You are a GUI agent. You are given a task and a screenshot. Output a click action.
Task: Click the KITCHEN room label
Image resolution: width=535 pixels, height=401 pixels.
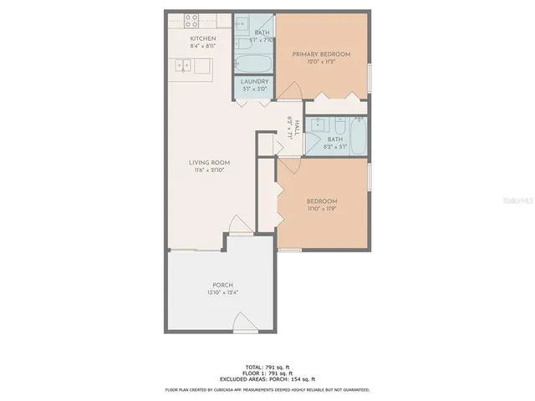pyautogui.click(x=203, y=39)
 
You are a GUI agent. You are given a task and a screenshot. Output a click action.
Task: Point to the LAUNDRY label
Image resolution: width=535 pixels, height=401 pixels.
pyautogui.click(x=254, y=82)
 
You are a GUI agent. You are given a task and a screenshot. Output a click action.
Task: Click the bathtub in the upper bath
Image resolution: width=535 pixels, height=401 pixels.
pyautogui.click(x=253, y=62)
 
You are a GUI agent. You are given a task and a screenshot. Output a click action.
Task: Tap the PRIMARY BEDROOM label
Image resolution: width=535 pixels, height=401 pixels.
pyautogui.click(x=321, y=54)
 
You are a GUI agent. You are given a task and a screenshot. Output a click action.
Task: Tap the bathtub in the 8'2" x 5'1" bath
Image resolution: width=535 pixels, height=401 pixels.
pyautogui.click(x=357, y=139)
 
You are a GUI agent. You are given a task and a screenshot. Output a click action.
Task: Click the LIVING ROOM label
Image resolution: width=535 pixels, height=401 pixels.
pyautogui.click(x=209, y=162)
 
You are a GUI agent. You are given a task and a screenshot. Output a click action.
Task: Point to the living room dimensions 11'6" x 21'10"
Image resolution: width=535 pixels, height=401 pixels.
pyautogui.click(x=209, y=170)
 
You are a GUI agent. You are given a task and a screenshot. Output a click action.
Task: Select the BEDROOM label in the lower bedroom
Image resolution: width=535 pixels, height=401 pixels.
pyautogui.click(x=321, y=201)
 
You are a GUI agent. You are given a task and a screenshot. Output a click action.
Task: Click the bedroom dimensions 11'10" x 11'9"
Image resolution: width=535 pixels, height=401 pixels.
pyautogui.click(x=321, y=210)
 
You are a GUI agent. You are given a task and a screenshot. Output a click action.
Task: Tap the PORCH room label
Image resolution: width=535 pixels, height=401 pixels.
pyautogui.click(x=222, y=285)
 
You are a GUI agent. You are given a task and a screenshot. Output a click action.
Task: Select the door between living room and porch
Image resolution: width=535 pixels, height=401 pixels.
pyautogui.click(x=239, y=226)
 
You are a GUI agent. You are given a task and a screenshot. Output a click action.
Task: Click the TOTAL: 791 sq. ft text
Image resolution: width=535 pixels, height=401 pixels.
pyautogui.click(x=267, y=367)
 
